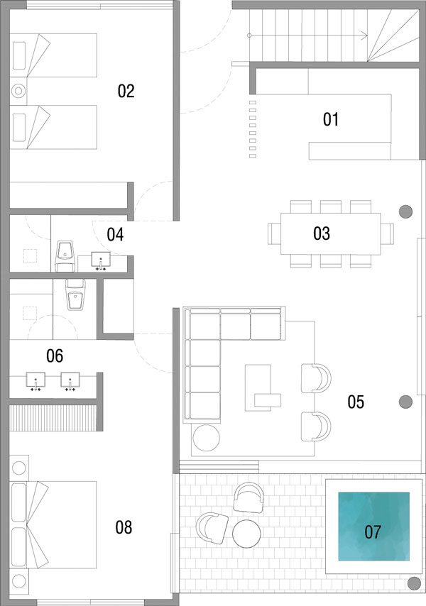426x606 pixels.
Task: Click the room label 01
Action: [x=331, y=119]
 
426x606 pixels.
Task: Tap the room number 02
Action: [x=126, y=92]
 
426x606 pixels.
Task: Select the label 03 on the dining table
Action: [x=322, y=233]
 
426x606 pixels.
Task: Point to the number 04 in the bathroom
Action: [x=115, y=235]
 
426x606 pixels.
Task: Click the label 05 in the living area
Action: [x=356, y=402]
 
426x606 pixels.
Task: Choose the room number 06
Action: [x=55, y=356]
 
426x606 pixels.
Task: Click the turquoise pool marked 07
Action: [x=373, y=527]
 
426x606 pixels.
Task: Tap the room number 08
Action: [x=124, y=527]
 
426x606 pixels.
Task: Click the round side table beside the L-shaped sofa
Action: [x=207, y=438]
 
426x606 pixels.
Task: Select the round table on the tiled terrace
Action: [x=246, y=534]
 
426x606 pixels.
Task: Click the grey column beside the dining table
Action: [x=405, y=211]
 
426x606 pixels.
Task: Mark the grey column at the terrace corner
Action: [x=415, y=583]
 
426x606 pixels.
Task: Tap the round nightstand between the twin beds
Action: [x=18, y=92]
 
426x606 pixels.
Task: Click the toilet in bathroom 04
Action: [x=65, y=256]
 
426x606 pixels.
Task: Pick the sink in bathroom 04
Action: [x=101, y=260]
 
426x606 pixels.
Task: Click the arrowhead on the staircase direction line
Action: [x=365, y=35]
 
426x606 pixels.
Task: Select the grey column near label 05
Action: [x=405, y=402]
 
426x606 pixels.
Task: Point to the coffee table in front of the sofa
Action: [x=258, y=387]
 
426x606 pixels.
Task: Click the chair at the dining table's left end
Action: [x=274, y=234]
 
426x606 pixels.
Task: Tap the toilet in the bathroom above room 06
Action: [x=75, y=294]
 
